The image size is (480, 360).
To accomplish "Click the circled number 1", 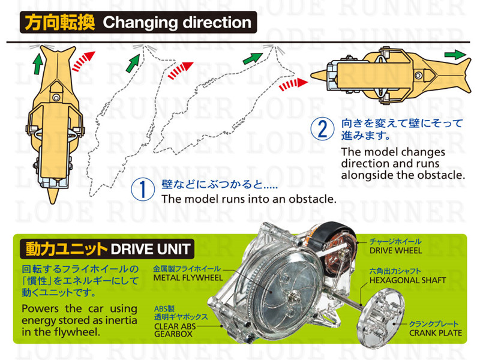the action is [x=143, y=189].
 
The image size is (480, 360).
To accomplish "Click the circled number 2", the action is [x=322, y=128].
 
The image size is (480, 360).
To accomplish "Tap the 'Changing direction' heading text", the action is [x=177, y=23].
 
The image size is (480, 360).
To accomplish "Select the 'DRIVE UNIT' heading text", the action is [x=151, y=249].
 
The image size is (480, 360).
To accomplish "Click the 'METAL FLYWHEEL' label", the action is [x=188, y=278].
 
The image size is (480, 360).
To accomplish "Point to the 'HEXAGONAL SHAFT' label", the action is [x=407, y=280].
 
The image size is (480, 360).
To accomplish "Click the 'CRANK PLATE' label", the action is [x=436, y=333].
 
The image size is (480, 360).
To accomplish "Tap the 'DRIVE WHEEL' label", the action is [x=395, y=251].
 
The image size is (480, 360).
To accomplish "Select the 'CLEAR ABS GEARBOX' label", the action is [x=175, y=331].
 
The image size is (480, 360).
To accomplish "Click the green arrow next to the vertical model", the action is [x=38, y=64].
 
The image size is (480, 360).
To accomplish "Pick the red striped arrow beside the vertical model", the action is [x=83, y=61].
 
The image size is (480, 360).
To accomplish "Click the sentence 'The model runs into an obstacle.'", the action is [x=249, y=199].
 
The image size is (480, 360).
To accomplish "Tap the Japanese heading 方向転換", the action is [x=59, y=23].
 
